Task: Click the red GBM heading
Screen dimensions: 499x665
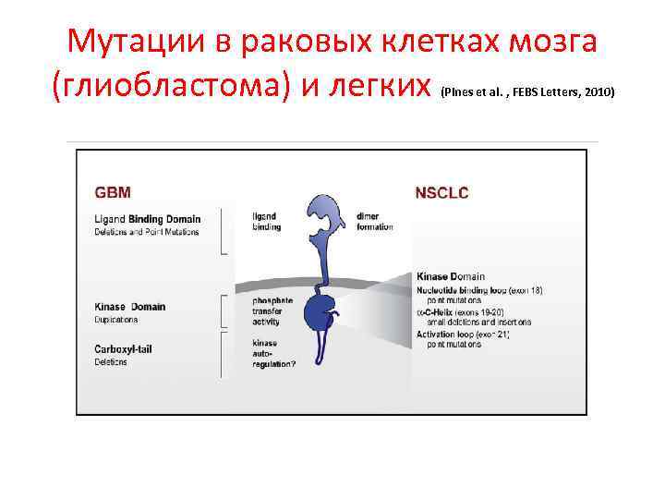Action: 113,192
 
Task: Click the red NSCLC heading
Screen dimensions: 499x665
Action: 441,192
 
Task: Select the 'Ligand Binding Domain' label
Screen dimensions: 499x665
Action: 147,219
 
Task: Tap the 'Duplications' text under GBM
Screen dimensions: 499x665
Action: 116,320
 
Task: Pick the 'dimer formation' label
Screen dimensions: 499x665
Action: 373,222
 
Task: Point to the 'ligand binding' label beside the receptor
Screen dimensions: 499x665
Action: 264,222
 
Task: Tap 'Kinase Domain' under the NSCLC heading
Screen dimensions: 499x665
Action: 451,276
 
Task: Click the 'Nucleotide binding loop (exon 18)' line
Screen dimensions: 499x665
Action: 479,290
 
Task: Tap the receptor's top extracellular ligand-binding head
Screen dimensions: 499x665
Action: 325,214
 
